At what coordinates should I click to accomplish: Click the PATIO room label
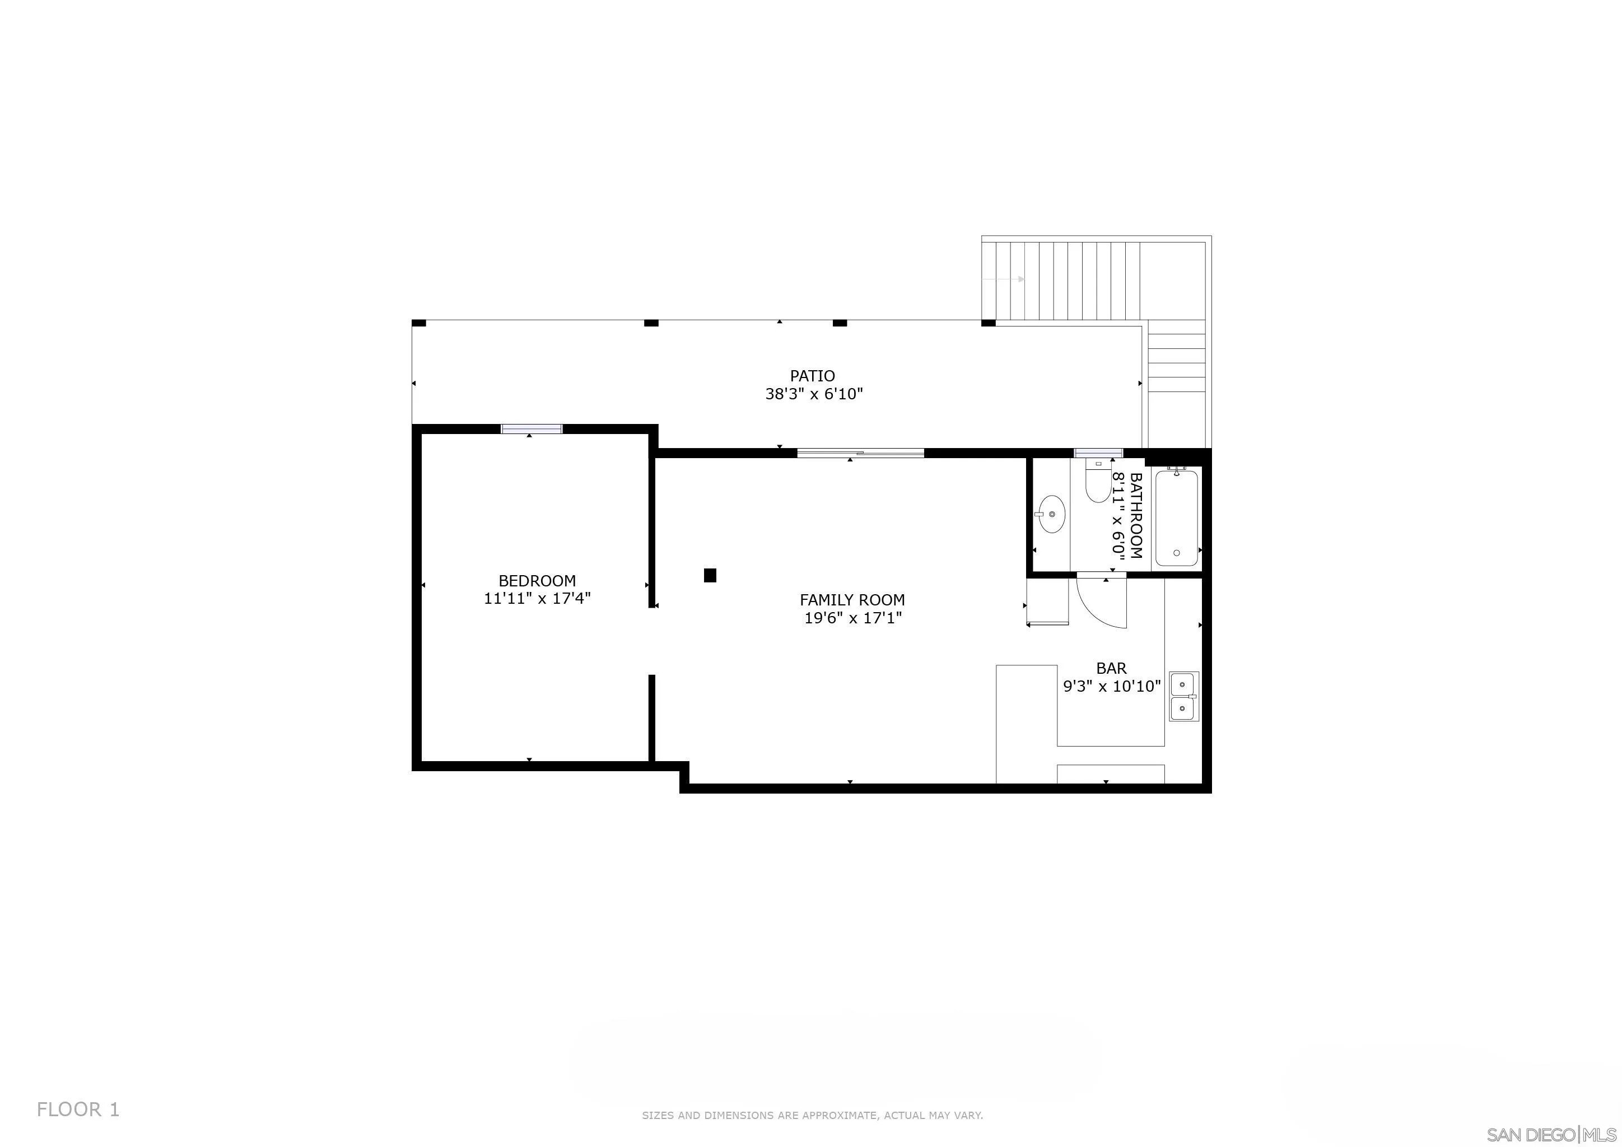813,376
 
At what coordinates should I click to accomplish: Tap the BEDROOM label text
537,581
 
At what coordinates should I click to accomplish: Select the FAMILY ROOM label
852,600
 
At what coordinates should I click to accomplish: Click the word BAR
1111,668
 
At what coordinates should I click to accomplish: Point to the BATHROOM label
1136,516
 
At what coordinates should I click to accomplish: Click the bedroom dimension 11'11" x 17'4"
537,598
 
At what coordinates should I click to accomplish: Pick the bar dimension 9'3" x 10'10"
1112,686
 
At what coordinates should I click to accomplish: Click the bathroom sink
1051,515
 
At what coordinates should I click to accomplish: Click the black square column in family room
710,576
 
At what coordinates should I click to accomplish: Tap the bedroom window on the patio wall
532,428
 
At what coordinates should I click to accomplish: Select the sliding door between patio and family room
860,453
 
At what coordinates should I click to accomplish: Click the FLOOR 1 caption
78,1109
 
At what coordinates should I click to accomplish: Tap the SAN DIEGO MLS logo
1553,1134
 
